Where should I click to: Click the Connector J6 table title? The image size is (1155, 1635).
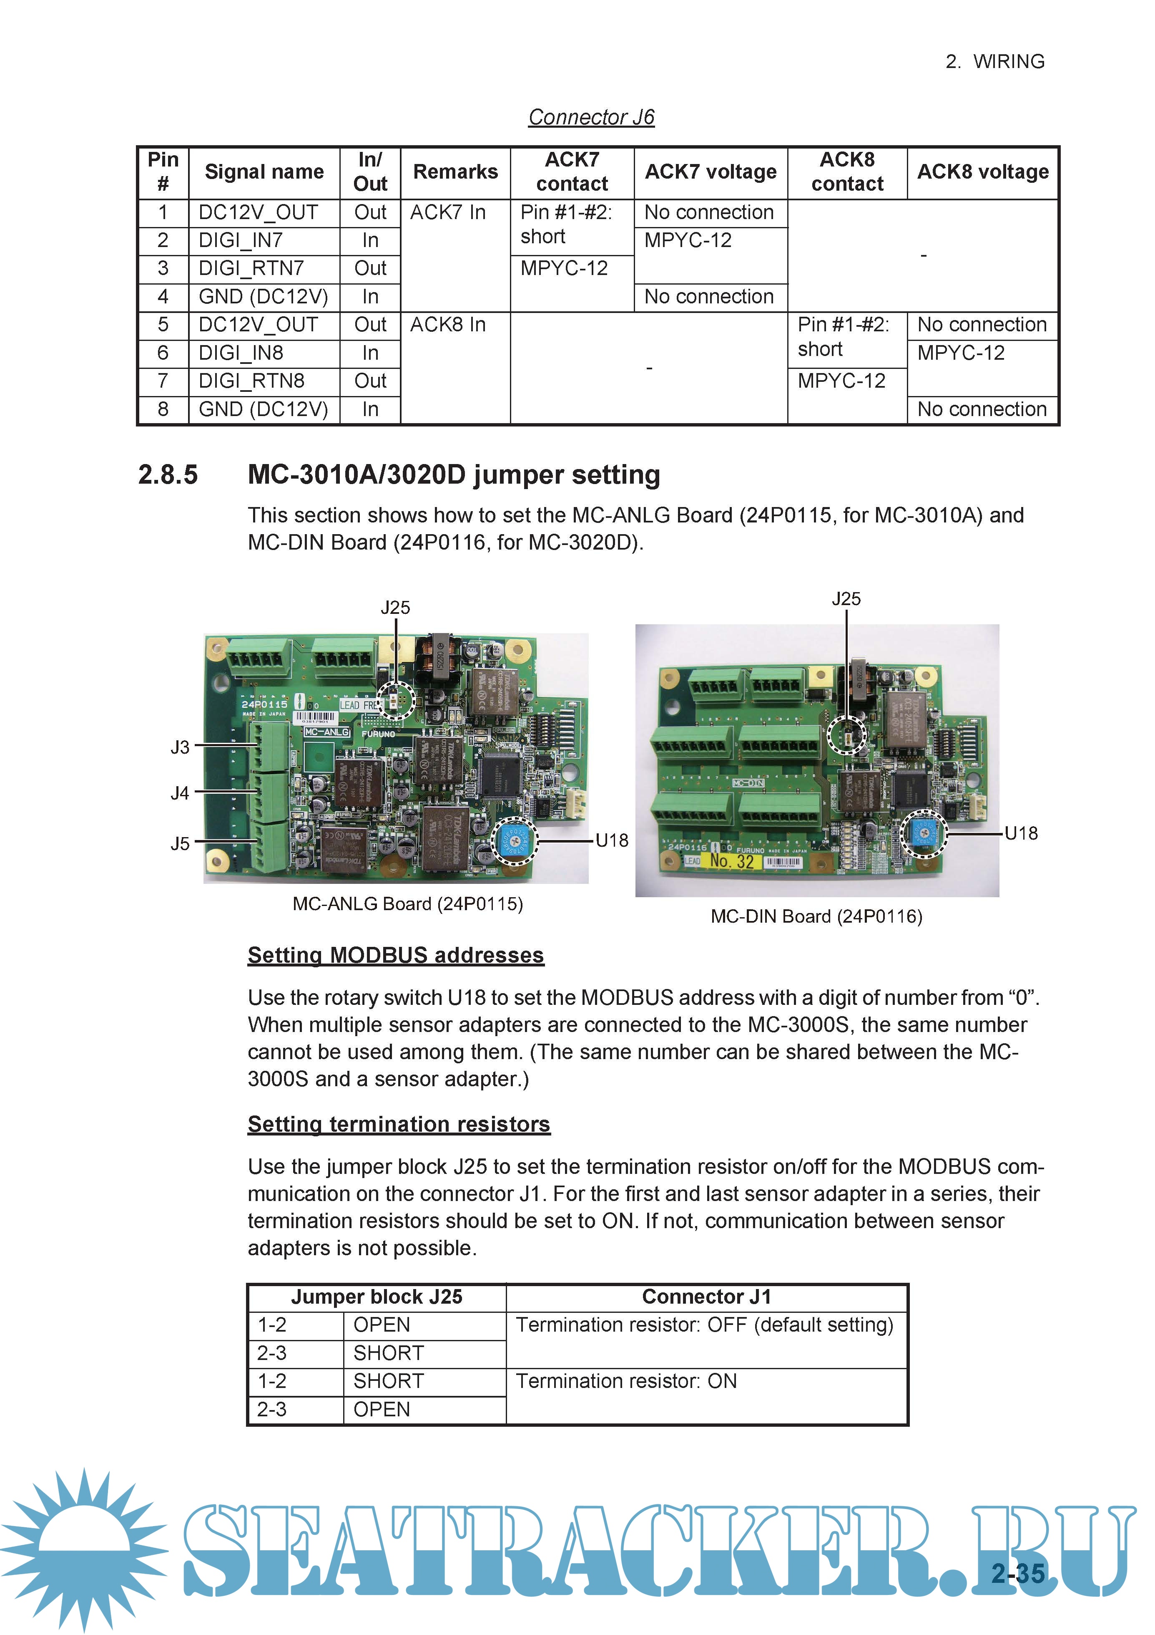pyautogui.click(x=591, y=117)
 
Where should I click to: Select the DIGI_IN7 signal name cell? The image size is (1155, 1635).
pyautogui.click(x=241, y=241)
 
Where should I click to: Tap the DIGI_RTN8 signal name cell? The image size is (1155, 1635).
pyautogui.click(x=251, y=381)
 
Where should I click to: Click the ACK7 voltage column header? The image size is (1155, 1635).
pyautogui.click(x=710, y=172)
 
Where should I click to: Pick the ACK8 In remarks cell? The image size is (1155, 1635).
pyautogui.click(x=448, y=325)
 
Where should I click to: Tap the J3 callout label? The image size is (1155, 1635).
pyautogui.click(x=180, y=747)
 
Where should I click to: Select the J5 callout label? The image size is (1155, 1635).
pyautogui.click(x=180, y=844)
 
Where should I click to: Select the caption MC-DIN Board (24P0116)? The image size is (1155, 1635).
pyautogui.click(x=816, y=916)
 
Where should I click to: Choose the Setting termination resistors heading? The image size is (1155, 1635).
pyautogui.click(x=399, y=1124)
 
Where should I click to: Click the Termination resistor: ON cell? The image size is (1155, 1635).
pyautogui.click(x=626, y=1382)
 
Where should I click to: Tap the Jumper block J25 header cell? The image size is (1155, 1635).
pyautogui.click(x=377, y=1297)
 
